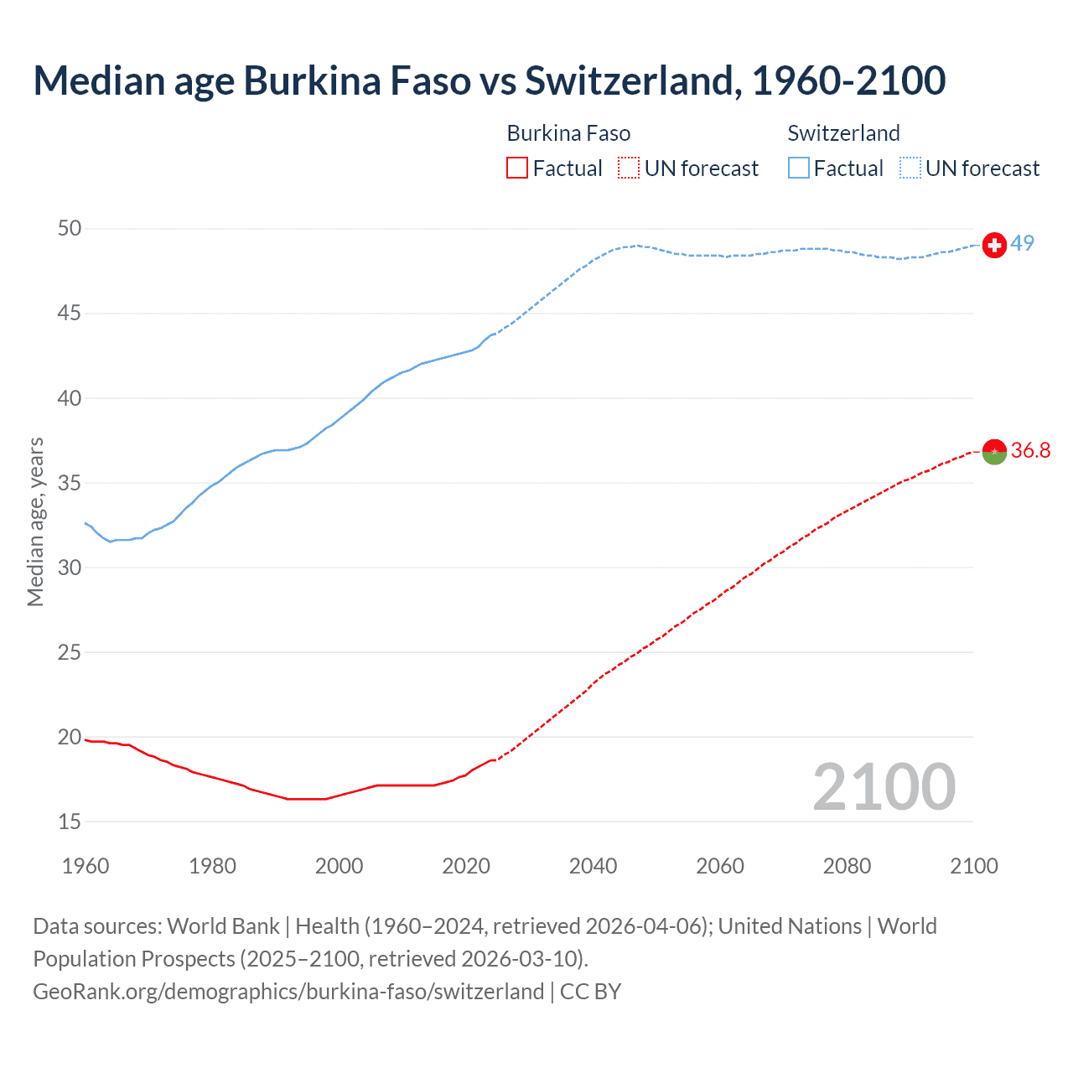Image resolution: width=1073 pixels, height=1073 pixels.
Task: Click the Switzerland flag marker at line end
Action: (x=994, y=245)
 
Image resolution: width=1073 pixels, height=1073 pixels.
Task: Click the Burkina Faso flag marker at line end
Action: (x=994, y=452)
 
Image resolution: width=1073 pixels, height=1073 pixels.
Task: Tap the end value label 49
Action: (x=1022, y=243)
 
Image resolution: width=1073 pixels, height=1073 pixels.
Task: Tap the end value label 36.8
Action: (x=1030, y=450)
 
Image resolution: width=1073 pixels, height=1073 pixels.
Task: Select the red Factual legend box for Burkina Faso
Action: (x=517, y=168)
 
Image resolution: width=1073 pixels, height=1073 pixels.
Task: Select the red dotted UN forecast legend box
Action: (x=629, y=168)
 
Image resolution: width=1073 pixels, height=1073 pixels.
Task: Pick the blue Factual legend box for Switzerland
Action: (x=799, y=168)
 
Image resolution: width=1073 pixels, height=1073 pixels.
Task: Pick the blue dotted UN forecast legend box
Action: (x=910, y=168)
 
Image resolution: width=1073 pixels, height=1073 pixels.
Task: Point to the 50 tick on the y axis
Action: (x=70, y=229)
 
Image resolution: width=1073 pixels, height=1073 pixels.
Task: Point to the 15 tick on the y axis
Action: (x=70, y=822)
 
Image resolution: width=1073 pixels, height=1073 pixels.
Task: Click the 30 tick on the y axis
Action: (x=70, y=568)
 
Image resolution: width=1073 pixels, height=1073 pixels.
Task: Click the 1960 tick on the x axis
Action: (x=86, y=866)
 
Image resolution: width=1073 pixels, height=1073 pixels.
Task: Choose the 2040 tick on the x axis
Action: (x=593, y=866)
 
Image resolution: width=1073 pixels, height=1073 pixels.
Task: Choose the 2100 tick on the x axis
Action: (x=973, y=866)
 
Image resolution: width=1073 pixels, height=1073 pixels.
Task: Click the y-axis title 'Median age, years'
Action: (x=35, y=521)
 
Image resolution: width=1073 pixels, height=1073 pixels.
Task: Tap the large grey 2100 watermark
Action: (x=884, y=786)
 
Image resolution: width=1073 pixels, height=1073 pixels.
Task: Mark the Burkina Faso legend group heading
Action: (x=568, y=133)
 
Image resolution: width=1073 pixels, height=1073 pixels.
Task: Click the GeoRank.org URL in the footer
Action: (x=288, y=991)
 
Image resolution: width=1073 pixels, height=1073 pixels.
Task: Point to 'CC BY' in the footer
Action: (x=590, y=991)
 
